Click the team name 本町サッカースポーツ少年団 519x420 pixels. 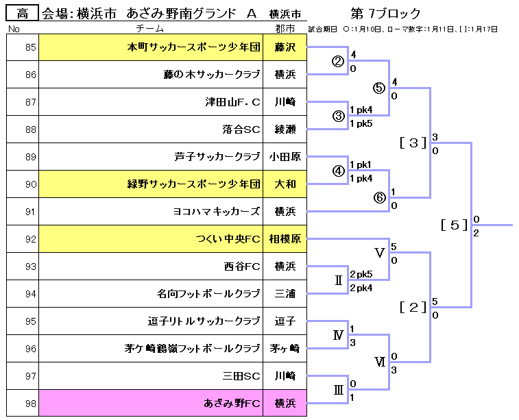(194, 47)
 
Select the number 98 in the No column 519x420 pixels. (30, 404)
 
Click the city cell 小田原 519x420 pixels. (285, 157)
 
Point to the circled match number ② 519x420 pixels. (338, 61)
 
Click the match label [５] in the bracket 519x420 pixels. (455, 225)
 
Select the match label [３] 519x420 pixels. (413, 143)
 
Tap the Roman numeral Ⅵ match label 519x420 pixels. (379, 362)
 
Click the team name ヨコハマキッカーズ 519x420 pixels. (217, 212)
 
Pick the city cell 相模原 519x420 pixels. (285, 239)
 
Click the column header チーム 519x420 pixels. (150, 29)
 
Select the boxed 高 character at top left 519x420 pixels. (23, 13)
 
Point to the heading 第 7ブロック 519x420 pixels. (385, 14)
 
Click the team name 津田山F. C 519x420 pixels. (232, 102)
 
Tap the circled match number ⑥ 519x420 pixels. (379, 197)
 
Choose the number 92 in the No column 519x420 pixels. (30, 239)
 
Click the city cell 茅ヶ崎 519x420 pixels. (285, 349)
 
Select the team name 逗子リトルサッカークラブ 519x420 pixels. (204, 321)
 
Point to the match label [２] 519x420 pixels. (413, 307)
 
